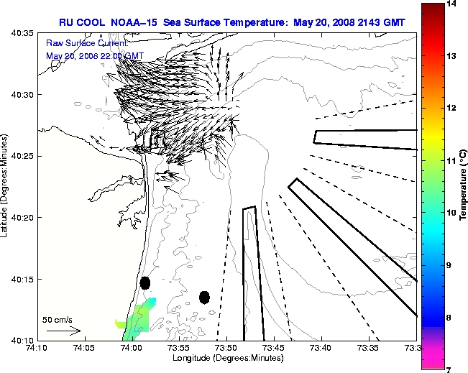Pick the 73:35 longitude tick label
(x=370, y=348)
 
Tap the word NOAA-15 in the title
(x=137, y=22)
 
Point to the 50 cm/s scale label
(x=58, y=319)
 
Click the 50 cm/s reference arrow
(x=63, y=331)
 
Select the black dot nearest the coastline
(x=145, y=282)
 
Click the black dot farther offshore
(x=204, y=297)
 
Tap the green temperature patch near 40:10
(x=137, y=319)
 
